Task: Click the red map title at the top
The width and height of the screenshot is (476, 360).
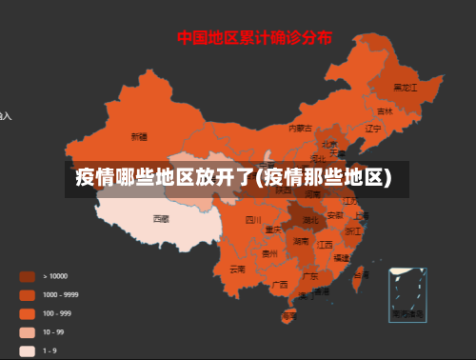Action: (254, 38)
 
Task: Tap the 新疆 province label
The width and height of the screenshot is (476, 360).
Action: (139, 136)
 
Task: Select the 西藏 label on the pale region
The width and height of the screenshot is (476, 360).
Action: (161, 218)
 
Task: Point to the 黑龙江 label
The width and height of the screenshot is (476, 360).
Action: (406, 87)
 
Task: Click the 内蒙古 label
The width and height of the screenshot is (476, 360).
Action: (300, 128)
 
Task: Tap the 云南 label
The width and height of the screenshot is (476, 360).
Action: (237, 269)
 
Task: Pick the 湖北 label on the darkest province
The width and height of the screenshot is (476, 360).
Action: (311, 219)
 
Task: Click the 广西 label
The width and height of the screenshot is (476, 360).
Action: (280, 284)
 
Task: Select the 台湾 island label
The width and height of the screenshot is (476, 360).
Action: (361, 274)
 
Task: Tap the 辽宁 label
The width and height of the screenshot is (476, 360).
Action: (373, 128)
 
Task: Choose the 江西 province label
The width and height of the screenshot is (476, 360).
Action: (326, 245)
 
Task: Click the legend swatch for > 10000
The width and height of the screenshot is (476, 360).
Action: (27, 276)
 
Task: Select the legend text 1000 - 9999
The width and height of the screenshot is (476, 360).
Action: (61, 294)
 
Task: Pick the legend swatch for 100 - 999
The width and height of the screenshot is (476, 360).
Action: (27, 313)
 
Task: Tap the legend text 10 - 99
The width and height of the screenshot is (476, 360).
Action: (53, 331)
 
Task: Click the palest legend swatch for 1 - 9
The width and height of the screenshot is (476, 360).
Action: (27, 350)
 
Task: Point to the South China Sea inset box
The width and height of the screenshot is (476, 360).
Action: (407, 294)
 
